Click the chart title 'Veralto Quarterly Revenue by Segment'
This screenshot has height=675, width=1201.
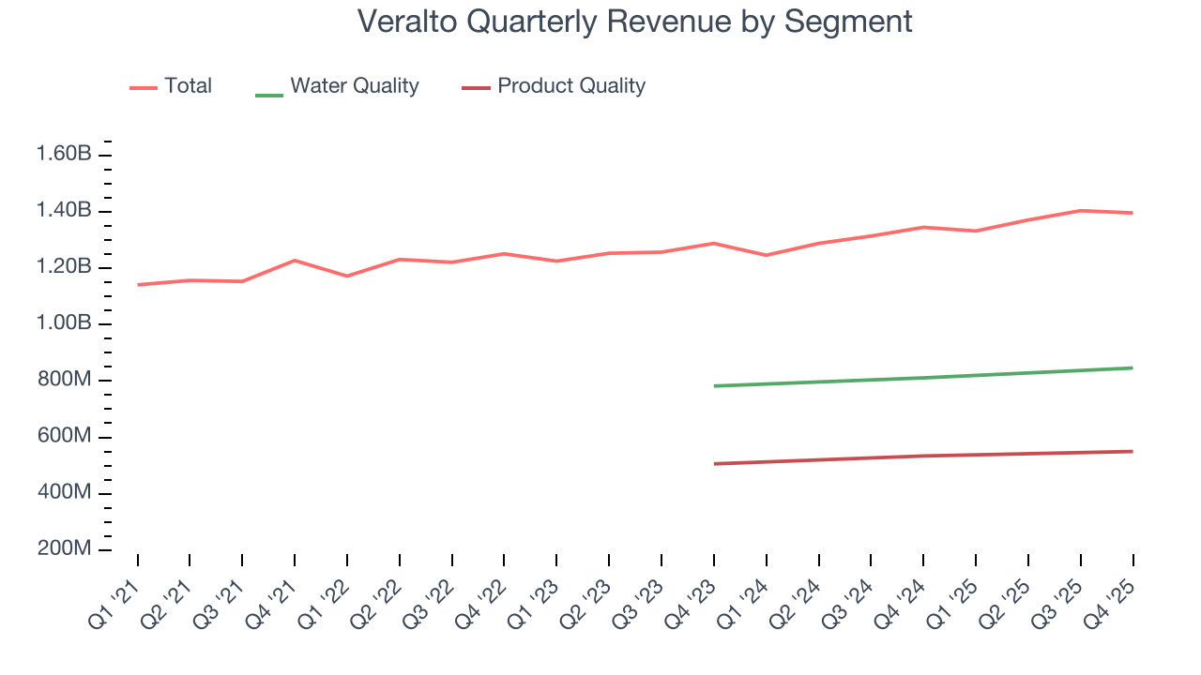635,22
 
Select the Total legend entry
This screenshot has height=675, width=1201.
171,86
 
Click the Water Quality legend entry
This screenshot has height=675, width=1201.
337,86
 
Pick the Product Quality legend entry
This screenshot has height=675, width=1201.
554,86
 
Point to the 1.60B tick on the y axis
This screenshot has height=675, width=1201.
64,154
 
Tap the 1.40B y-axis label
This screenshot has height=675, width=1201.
64,210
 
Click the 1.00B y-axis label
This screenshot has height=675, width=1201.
64,323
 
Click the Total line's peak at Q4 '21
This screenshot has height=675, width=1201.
295,261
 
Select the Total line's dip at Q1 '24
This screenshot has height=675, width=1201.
767,255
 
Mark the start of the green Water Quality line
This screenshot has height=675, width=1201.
714,385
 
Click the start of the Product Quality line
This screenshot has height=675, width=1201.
714,464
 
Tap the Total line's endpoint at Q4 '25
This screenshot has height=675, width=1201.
1133,213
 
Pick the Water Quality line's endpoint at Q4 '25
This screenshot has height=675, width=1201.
1133,367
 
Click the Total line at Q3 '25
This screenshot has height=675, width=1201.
1080,210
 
